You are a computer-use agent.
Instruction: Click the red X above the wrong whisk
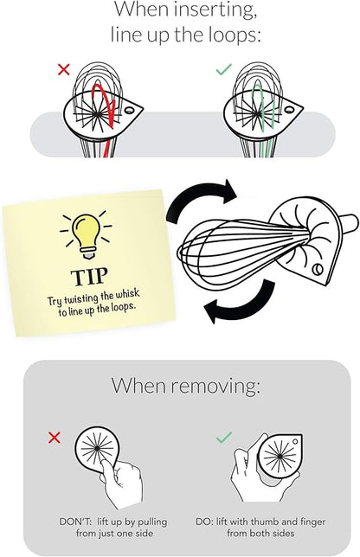coord(64,69)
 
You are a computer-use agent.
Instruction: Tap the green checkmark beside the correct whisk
coord(223,69)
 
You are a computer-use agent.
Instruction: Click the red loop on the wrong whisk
coord(104,106)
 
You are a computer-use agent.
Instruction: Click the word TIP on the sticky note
coord(89,278)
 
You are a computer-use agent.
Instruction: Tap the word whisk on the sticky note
coord(128,294)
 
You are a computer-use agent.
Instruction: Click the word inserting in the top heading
coord(215,10)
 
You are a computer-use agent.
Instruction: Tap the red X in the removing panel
coord(54,438)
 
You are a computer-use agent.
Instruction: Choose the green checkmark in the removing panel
coord(224,438)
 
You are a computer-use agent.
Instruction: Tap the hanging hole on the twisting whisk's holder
coord(317,270)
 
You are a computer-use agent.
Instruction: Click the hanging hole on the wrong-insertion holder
coord(129,110)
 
